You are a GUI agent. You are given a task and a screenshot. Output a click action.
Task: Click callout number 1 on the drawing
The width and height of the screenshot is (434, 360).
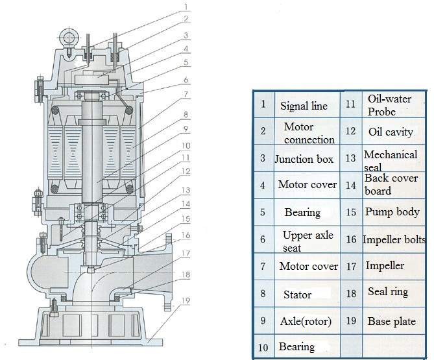pos(187,6)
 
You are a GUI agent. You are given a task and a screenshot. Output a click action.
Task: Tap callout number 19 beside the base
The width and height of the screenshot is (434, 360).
pos(186,300)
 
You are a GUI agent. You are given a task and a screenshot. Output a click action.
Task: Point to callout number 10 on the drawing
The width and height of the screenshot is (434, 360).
pos(186,145)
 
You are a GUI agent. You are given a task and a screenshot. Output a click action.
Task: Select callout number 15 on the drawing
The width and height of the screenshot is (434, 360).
pos(186,219)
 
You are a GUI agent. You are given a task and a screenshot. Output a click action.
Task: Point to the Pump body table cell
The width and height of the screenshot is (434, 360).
pos(392,212)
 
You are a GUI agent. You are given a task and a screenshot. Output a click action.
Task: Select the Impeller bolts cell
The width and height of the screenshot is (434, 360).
pos(394,239)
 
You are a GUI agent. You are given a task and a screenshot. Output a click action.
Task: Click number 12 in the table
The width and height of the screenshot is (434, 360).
pos(350,130)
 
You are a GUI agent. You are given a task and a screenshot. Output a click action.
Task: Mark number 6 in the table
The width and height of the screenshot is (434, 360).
pos(263,239)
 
